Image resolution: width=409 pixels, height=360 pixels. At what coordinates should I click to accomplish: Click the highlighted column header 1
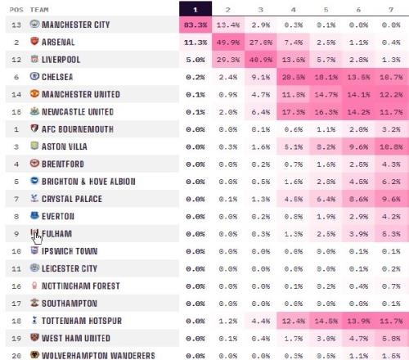[x=196, y=9]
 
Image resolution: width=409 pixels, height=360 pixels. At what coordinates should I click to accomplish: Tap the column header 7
[x=391, y=10]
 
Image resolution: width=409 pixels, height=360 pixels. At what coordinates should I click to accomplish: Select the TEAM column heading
[x=39, y=10]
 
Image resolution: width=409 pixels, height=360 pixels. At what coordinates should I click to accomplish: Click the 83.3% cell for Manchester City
[x=196, y=25]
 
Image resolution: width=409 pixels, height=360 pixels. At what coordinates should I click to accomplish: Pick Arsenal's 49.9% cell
[x=228, y=43]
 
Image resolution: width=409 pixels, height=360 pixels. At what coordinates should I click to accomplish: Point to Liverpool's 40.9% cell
[x=261, y=60]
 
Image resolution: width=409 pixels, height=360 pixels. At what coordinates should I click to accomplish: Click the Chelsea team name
[x=57, y=77]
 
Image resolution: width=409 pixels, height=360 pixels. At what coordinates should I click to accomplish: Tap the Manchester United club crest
[x=34, y=93]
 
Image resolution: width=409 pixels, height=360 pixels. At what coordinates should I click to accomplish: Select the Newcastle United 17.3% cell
[x=294, y=112]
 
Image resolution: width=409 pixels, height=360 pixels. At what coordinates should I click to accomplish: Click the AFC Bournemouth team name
[x=78, y=129]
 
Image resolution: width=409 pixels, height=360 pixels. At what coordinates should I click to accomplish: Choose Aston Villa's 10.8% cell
[x=392, y=146]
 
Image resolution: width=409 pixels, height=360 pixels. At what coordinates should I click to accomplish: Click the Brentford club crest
[x=34, y=163]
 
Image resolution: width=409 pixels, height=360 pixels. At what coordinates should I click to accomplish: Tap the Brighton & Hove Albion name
[x=88, y=182]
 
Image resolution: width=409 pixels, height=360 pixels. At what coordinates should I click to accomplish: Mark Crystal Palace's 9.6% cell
[x=392, y=199]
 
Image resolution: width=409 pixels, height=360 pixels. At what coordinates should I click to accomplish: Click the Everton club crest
[x=34, y=215]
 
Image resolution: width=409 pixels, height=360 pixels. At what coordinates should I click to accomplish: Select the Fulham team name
[x=56, y=234]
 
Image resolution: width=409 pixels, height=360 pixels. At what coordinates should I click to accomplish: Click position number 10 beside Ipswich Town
[x=16, y=251]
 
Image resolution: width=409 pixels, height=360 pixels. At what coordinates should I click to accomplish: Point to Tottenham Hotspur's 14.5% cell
[x=326, y=321]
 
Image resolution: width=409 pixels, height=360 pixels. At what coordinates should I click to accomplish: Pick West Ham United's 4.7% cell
[x=358, y=339]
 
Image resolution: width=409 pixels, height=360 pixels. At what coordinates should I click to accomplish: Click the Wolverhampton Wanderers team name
[x=98, y=356]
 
